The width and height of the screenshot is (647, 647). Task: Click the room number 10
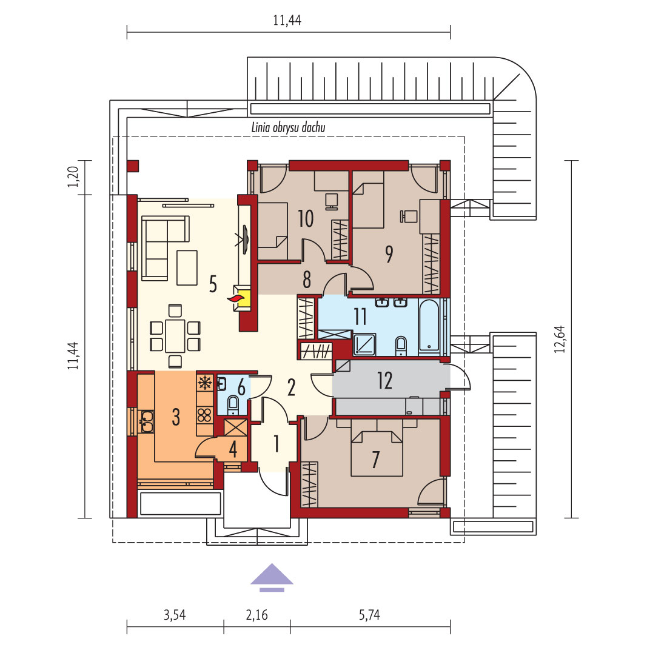[x=306, y=219]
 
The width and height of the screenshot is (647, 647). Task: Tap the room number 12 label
[x=384, y=380]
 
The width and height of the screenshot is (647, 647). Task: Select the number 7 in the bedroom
[x=375, y=460]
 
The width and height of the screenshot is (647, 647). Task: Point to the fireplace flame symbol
[x=236, y=299]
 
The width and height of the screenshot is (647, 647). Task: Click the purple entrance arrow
[x=272, y=577]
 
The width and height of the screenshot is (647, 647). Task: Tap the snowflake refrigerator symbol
[x=205, y=383]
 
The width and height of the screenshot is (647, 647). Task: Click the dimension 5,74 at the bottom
[x=369, y=615]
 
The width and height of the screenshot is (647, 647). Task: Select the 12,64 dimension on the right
[x=560, y=339]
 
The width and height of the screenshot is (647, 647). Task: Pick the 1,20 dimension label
[x=73, y=176]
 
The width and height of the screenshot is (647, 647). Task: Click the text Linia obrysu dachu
[x=289, y=127]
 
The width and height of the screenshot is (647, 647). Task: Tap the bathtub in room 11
[x=429, y=326]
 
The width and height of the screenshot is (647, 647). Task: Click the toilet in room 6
[x=233, y=404]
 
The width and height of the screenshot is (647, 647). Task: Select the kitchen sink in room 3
[x=147, y=421]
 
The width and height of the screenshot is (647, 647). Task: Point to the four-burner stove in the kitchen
[x=204, y=415]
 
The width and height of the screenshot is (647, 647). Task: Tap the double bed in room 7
[x=377, y=453]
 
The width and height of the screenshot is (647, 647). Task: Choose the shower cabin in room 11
[x=365, y=344]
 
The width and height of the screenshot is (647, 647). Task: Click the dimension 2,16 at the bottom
[x=256, y=615]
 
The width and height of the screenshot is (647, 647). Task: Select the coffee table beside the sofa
[x=187, y=267]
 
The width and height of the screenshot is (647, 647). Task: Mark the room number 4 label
[x=233, y=449]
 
